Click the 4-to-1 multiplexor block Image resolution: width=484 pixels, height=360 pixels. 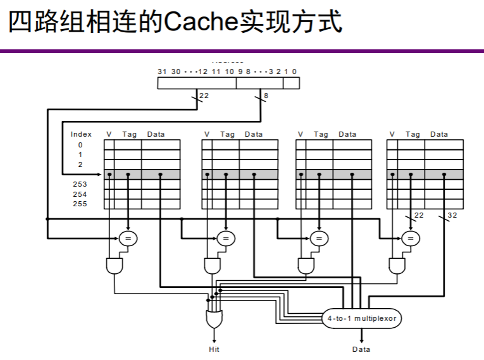(x=362, y=318)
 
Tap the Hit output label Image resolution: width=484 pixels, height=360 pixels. (x=214, y=349)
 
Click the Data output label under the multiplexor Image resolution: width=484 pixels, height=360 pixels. (x=361, y=349)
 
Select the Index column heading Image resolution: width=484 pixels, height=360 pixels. (x=81, y=134)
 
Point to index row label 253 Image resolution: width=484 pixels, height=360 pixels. (x=80, y=184)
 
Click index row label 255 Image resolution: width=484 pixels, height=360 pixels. (x=80, y=204)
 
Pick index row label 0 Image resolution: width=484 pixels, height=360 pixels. (x=80, y=145)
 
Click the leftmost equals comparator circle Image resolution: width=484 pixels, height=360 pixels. (x=128, y=238)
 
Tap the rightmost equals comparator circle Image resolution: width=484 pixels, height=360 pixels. (x=411, y=238)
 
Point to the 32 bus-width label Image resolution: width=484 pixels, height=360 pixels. (x=452, y=216)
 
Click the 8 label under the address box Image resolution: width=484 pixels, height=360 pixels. (x=266, y=96)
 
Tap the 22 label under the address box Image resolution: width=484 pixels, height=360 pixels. (x=204, y=96)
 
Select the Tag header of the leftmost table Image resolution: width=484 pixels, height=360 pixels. (x=129, y=134)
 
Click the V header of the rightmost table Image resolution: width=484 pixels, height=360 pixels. (x=392, y=134)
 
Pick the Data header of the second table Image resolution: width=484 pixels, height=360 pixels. (x=253, y=134)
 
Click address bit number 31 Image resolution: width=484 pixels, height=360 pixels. (x=162, y=71)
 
